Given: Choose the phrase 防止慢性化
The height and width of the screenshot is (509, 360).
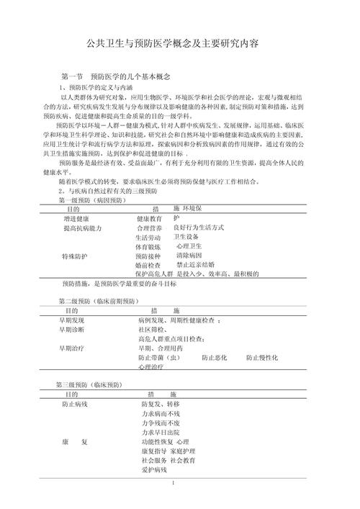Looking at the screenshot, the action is pos(262,357).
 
